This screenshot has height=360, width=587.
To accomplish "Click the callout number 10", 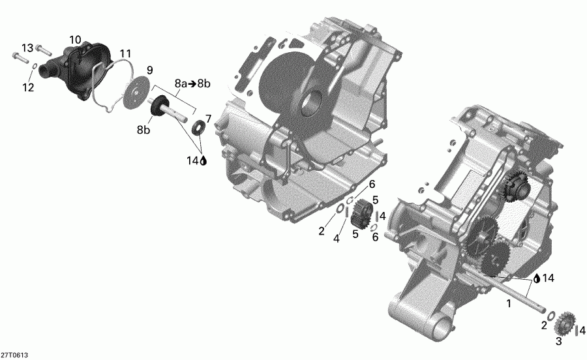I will point(76,40).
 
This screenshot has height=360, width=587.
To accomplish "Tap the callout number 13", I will point(27,48).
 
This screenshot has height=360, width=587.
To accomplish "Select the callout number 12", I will point(27,88).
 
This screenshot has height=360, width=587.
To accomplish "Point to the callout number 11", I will point(125,53).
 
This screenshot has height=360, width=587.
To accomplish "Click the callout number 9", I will point(149,70).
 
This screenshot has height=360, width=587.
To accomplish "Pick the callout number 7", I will point(208,118).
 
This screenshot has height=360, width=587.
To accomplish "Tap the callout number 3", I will point(558,342).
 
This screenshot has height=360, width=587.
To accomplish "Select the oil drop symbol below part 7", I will point(203,159).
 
